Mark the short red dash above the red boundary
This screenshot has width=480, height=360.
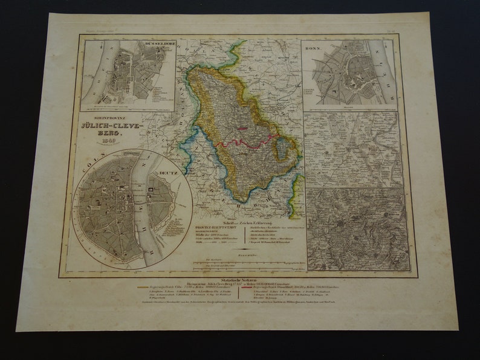242,127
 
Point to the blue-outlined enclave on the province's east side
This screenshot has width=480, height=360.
282,147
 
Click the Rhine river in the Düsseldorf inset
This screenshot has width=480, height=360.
97,72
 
